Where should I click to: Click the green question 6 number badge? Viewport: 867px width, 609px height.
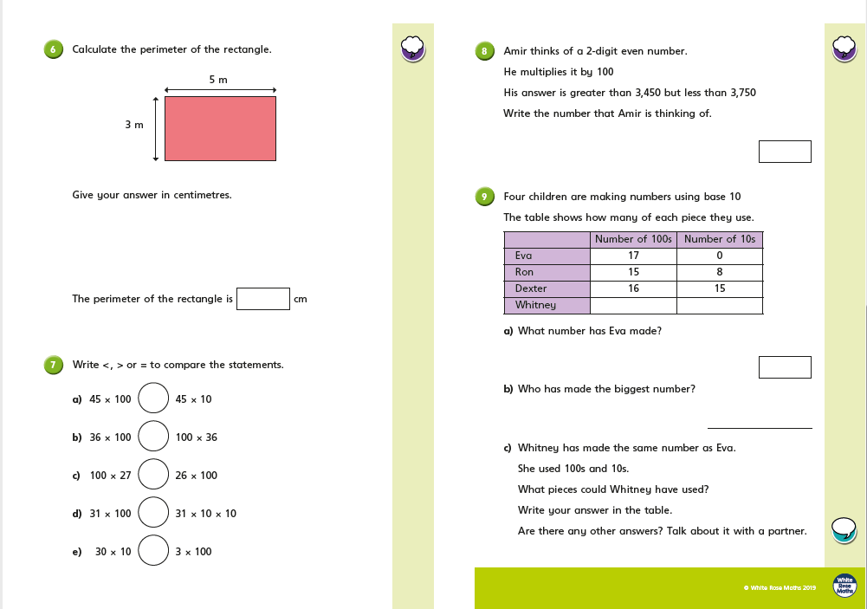coord(54,49)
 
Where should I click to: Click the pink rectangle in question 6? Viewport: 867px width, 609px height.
coord(220,128)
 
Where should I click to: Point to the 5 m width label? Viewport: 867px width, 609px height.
coord(218,80)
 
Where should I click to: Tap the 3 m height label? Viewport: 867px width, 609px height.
coord(133,125)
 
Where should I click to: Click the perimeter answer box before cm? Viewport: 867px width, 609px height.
coord(263,299)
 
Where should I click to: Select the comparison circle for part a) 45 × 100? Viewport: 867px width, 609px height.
coord(153,399)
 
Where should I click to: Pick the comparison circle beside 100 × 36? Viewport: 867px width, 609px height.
coord(153,437)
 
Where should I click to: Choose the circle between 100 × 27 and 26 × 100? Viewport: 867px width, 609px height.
coord(153,476)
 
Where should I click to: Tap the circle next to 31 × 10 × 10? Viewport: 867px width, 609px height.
coord(153,513)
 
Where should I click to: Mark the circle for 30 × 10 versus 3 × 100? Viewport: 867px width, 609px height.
coord(153,551)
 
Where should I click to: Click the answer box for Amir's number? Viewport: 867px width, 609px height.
coord(785,152)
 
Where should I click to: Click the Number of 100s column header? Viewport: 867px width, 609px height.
coord(633,239)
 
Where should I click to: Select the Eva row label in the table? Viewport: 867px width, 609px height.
coord(547,256)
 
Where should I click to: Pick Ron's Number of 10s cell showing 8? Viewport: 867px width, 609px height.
coord(720,272)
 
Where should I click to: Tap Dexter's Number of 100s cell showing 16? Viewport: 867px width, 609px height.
coord(633,288)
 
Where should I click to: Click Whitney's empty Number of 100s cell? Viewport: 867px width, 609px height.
coord(633,305)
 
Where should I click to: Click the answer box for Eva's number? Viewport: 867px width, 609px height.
coord(785,367)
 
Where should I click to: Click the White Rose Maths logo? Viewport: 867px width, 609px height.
coord(844,586)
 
